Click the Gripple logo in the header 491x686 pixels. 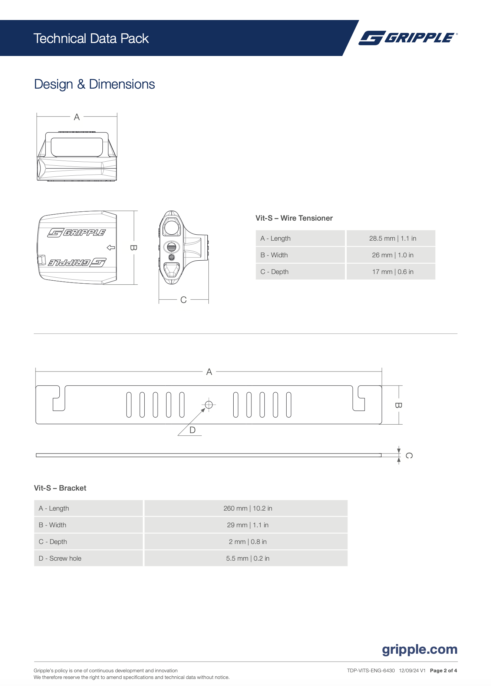(x=408, y=38)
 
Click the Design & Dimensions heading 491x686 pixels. (x=94, y=84)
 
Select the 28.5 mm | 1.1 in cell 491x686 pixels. (x=392, y=238)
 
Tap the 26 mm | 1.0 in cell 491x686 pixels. (x=392, y=255)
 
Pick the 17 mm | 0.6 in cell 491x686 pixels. (x=392, y=272)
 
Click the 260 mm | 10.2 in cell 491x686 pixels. (x=247, y=508)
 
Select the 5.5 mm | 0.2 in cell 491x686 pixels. (x=247, y=558)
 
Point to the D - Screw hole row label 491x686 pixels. (x=60, y=558)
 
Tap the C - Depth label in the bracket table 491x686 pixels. (x=53, y=542)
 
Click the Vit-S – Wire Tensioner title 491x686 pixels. (x=294, y=218)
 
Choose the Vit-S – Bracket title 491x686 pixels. (x=60, y=488)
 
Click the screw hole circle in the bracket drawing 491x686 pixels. (x=209, y=405)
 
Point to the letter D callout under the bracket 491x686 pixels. (x=192, y=430)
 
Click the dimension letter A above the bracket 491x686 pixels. (x=209, y=372)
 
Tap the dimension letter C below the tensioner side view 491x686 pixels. (x=183, y=300)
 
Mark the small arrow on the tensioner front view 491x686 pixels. (x=111, y=247)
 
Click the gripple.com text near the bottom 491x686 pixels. (x=419, y=649)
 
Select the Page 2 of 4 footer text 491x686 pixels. (x=443, y=670)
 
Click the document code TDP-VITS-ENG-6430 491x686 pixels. (x=371, y=670)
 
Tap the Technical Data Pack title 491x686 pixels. (x=91, y=39)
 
